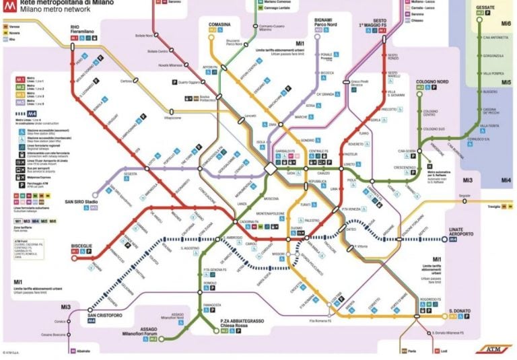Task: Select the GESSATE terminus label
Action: click(485, 7)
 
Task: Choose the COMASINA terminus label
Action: click(211, 24)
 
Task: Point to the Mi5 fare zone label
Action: click(506, 82)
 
